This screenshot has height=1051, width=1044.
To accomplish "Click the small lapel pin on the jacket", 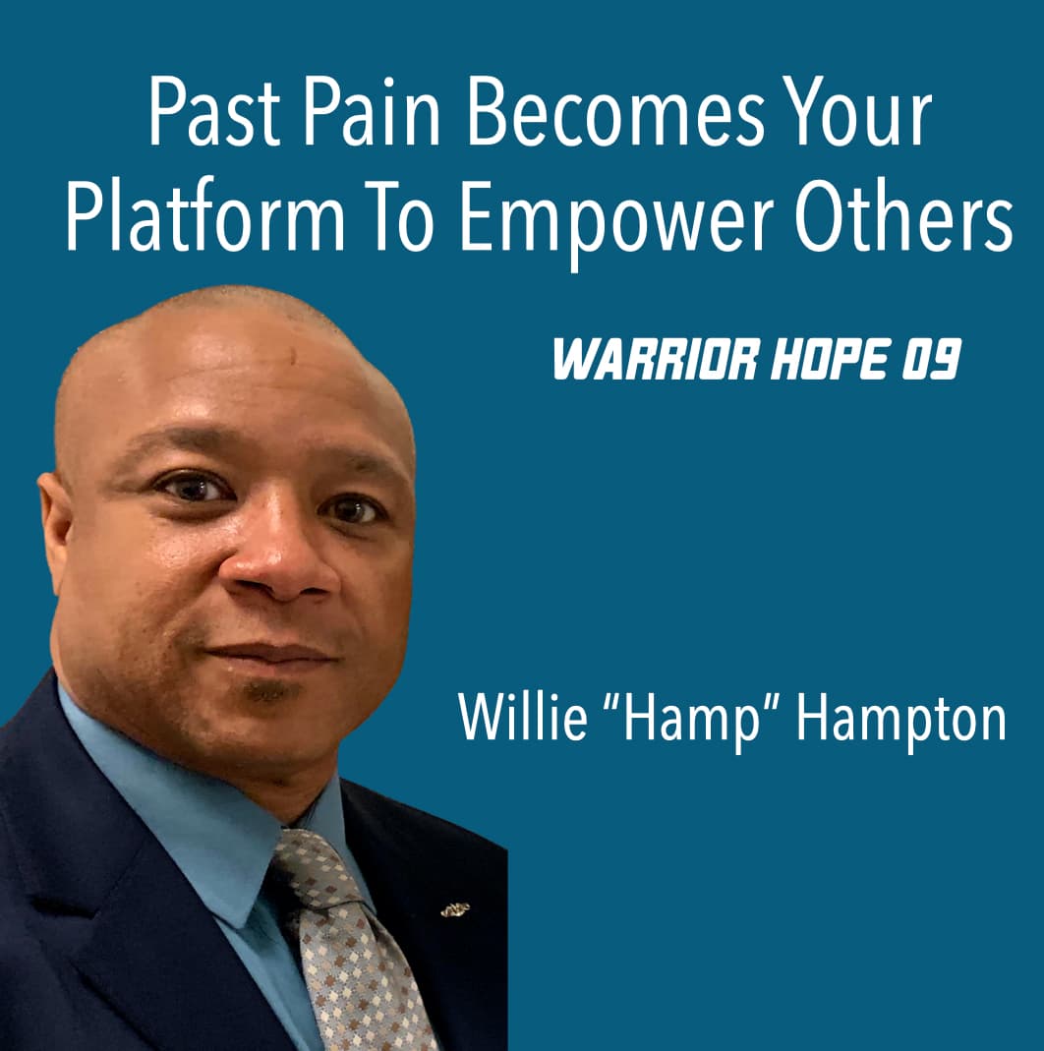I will [x=454, y=909].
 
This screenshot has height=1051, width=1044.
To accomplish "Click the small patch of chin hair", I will [x=268, y=692].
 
